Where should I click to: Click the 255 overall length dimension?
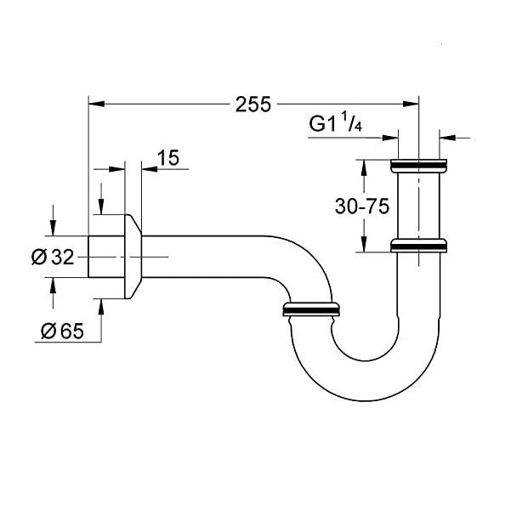tap(253, 104)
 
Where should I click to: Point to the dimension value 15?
tap(168, 156)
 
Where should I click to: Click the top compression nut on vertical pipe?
tap(418, 163)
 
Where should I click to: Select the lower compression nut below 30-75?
tap(418, 246)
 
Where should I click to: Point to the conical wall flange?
tap(133, 256)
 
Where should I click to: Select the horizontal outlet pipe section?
tap(213, 256)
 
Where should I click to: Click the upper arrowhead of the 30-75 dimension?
tap(364, 165)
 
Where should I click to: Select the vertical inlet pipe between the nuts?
tap(418, 204)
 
